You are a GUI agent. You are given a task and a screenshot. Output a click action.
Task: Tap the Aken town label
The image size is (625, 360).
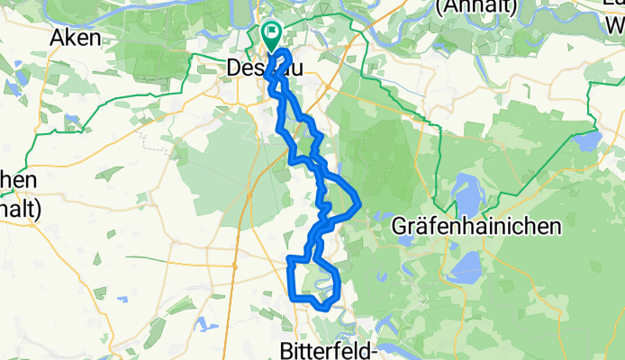tap(76, 38)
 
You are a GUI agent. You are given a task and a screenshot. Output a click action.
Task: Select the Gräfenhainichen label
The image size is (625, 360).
tap(477, 226)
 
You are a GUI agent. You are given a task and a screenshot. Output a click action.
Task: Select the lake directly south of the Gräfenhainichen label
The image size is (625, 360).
tap(468, 265)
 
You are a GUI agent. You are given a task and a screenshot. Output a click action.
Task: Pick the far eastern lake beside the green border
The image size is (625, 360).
tap(587, 140)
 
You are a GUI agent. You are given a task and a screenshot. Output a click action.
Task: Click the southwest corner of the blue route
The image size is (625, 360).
tap(291, 294)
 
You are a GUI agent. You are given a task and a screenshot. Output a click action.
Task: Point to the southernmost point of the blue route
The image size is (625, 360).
tap(324, 310)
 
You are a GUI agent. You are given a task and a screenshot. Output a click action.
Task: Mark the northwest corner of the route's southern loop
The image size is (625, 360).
tap(289, 260)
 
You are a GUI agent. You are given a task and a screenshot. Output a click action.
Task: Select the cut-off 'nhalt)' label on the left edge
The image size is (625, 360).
tap(18, 208)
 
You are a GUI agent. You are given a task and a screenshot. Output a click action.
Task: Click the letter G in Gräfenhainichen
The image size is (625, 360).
tap(401, 226)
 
